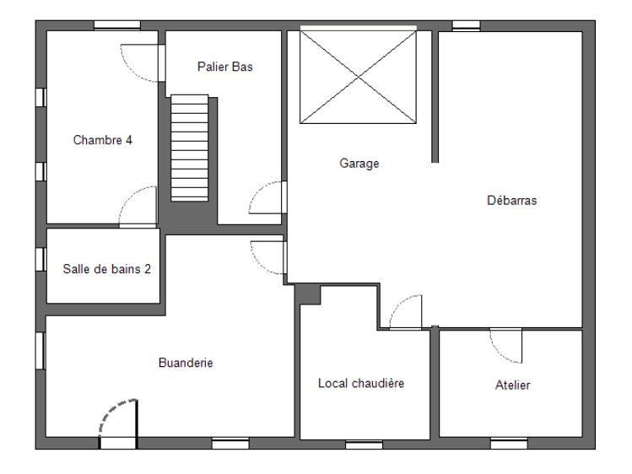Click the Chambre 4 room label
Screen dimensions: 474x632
pos(103,140)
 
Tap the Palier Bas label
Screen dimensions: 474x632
pos(225,67)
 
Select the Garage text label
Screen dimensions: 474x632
pos(359,164)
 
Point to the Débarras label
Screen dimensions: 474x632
pos(511,201)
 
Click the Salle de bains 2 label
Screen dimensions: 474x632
pos(106,270)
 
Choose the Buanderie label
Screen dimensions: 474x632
pos(186,364)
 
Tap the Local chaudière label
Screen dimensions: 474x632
pos(362,383)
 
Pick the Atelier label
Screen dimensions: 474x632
pos(511,385)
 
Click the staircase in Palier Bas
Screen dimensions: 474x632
pos(189,147)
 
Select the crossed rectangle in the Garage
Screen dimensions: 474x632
pos(359,76)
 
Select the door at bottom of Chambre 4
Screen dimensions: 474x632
pos(138,207)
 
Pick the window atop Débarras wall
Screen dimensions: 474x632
pos(466,25)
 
